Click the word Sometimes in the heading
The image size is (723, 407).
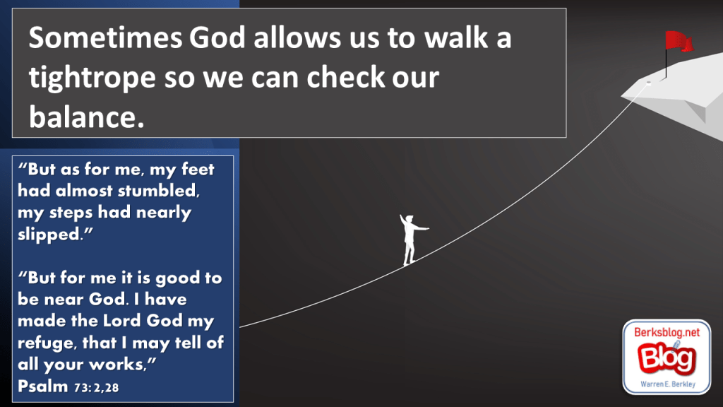[106, 38]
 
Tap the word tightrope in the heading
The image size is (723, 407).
[92, 78]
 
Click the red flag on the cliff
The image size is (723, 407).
[679, 41]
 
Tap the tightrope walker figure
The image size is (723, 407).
[412, 240]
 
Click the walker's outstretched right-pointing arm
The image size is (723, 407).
[421, 228]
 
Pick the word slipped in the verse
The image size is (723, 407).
[52, 235]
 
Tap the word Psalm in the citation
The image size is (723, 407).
[42, 386]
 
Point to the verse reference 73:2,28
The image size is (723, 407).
[96, 388]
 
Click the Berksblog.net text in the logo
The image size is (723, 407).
[667, 332]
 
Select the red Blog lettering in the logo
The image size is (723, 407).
[667, 358]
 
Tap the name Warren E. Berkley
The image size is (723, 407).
[668, 384]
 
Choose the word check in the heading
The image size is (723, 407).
[345, 76]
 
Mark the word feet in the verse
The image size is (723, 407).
[198, 169]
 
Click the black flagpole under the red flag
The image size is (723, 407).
[666, 63]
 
